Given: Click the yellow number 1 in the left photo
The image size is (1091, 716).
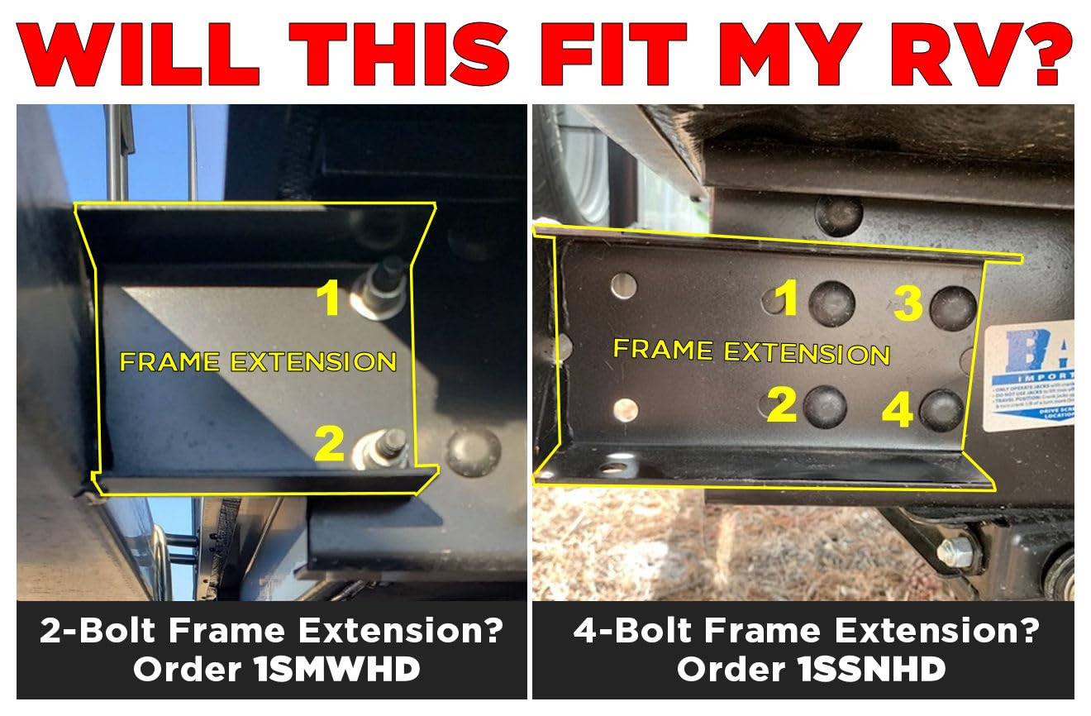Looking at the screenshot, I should coord(331,298).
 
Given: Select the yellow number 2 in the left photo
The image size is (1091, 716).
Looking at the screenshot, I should coord(330,444).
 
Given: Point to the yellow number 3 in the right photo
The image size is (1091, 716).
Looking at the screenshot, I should coord(908,304).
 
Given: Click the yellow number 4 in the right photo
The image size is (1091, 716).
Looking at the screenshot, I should coord(897,411).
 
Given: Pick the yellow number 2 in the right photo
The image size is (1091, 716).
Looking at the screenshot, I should coord(781,404).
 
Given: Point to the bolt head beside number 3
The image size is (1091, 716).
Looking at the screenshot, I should coord(953,308).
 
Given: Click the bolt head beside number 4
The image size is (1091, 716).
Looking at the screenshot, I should coord(941,410).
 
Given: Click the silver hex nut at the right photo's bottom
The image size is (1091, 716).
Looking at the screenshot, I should coord(956,551).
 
